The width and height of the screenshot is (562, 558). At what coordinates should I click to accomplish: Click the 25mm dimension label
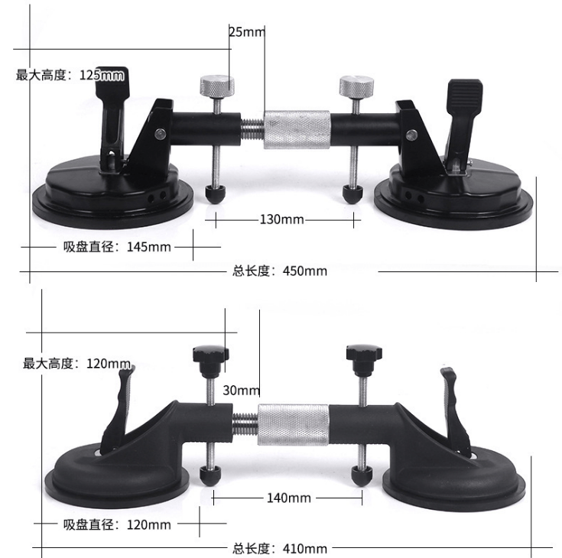click(x=246, y=31)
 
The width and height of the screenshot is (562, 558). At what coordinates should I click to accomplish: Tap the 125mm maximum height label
click(x=70, y=75)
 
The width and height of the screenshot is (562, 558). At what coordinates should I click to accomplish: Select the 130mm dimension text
click(x=281, y=219)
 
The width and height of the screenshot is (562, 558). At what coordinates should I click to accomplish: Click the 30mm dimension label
click(x=242, y=390)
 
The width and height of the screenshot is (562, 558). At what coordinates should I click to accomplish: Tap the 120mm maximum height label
click(x=76, y=363)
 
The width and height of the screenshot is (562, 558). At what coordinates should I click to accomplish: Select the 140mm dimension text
click(x=288, y=498)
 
